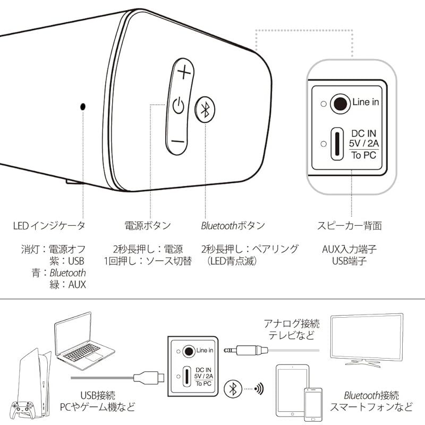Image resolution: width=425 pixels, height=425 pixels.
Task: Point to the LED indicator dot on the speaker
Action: point(83,106)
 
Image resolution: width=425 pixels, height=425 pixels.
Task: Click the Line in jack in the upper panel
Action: point(337,103)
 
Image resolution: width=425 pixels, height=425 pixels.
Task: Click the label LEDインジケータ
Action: point(49,226)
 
